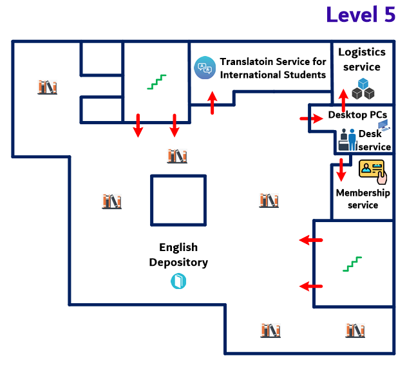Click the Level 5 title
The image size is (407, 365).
click(360, 15)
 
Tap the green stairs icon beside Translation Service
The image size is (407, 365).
click(156, 81)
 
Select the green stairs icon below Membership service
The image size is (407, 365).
click(352, 263)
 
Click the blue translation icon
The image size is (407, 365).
click(204, 67)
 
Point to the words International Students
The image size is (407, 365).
click(273, 75)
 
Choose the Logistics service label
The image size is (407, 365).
click(362, 59)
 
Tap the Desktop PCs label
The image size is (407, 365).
click(357, 115)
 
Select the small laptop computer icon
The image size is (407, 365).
click(383, 124)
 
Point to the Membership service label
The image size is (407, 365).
click(363, 198)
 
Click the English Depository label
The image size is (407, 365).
click(178, 255)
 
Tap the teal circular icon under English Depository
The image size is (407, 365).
click(178, 281)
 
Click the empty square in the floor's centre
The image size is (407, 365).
click(178, 200)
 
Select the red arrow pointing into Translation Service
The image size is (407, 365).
click(213, 102)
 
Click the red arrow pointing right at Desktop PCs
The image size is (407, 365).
click(310, 118)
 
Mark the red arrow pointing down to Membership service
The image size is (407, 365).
click(341, 169)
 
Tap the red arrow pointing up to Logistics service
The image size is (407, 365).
click(343, 100)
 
